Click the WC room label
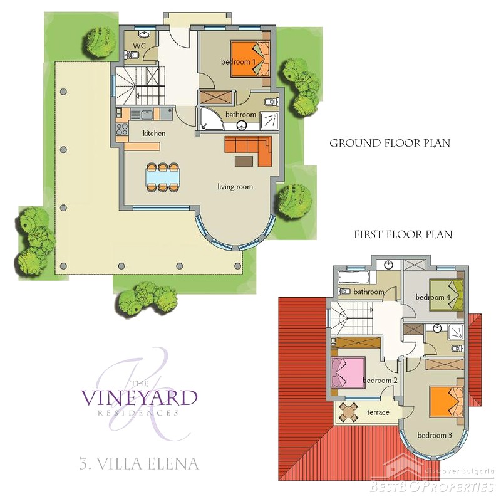[x=139, y=45]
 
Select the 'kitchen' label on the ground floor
[x=154, y=133]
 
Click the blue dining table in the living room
[x=163, y=177]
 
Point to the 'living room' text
[x=235, y=186]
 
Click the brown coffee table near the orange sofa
[x=244, y=161]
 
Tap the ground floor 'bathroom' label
[x=240, y=115]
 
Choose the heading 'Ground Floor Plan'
[x=390, y=144]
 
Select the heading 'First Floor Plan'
[x=403, y=234]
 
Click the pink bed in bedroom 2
[x=348, y=372]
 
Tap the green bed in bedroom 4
[x=447, y=295]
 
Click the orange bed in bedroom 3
[x=447, y=401]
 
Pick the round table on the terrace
[x=349, y=412]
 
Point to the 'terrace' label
[x=378, y=412]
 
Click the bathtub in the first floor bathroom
[x=354, y=277]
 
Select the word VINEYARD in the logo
[x=139, y=398]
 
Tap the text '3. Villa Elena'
[x=139, y=463]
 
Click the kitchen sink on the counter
[x=147, y=115]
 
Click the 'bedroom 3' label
[x=435, y=435]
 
